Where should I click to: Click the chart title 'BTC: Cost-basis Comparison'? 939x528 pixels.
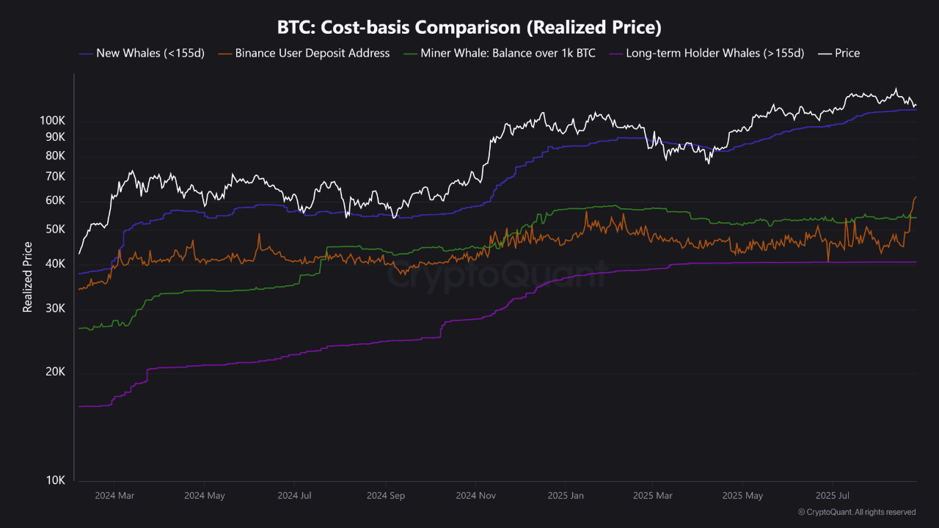(x=469, y=28)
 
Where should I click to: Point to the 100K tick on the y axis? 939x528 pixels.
(x=53, y=120)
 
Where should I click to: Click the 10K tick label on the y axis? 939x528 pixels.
(x=56, y=480)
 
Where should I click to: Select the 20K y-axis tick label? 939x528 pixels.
(x=56, y=372)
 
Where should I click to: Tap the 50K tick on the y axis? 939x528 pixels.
(x=56, y=229)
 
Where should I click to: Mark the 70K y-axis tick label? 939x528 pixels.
(x=56, y=176)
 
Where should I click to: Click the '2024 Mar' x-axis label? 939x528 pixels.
(x=115, y=496)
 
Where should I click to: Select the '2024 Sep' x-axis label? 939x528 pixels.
(x=387, y=496)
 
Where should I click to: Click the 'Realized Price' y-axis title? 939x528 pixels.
(x=28, y=277)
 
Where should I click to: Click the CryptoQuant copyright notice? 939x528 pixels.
(x=856, y=512)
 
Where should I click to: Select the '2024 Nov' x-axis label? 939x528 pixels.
(x=476, y=496)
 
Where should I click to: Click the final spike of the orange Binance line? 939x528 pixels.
(x=916, y=197)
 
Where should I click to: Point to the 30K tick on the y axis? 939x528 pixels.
(x=56, y=308)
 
